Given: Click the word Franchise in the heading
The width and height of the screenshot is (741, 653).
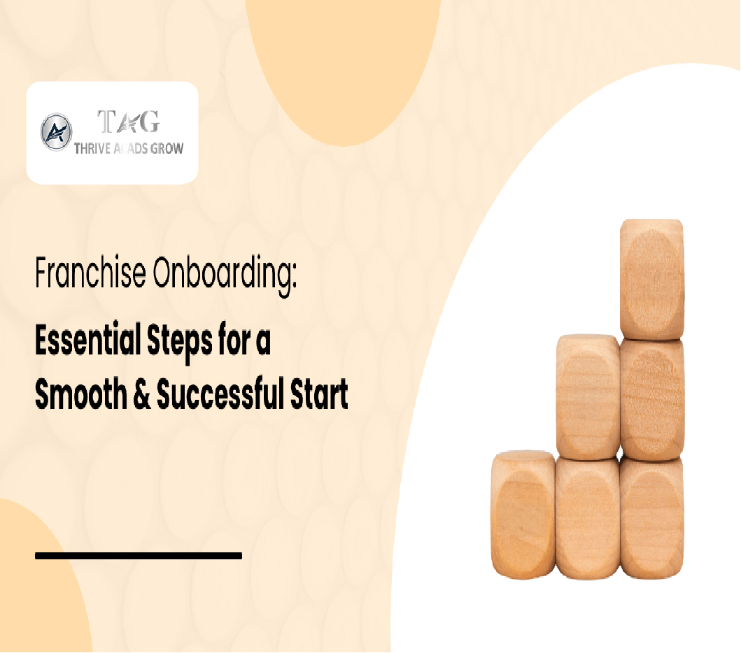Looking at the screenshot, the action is [x=91, y=272].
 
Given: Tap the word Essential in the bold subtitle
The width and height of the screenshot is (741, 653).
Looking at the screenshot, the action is [x=88, y=340].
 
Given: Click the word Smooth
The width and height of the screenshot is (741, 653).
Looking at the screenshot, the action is [x=81, y=394].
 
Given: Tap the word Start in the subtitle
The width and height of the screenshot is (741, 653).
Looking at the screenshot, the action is [x=319, y=394].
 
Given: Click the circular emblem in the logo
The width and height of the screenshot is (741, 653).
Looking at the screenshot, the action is [x=56, y=132].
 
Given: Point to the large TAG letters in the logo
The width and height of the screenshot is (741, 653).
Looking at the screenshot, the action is [x=129, y=122].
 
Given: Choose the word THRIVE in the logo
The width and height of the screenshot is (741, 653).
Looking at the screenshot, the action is [x=92, y=149].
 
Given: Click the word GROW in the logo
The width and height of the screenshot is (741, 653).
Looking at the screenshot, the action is [x=167, y=149].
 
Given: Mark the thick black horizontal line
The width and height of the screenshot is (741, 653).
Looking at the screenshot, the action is [x=139, y=556].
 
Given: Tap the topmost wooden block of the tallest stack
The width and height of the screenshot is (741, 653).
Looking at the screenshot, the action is [x=651, y=279].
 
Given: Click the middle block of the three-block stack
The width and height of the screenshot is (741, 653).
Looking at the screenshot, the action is [x=652, y=399].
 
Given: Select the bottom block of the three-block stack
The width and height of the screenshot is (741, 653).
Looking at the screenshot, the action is [x=651, y=517].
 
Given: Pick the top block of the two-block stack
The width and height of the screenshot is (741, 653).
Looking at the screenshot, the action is [x=588, y=396].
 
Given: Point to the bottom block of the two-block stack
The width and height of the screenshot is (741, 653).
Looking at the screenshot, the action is [x=588, y=517].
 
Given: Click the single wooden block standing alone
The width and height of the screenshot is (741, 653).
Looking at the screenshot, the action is [x=523, y=515].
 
